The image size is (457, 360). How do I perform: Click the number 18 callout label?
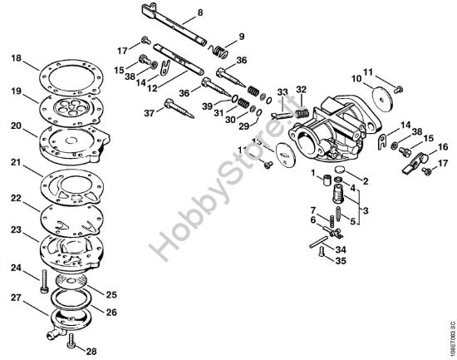click(17, 57)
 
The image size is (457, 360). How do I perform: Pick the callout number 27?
click(16, 297)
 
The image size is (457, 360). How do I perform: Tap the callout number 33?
click(283, 91)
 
